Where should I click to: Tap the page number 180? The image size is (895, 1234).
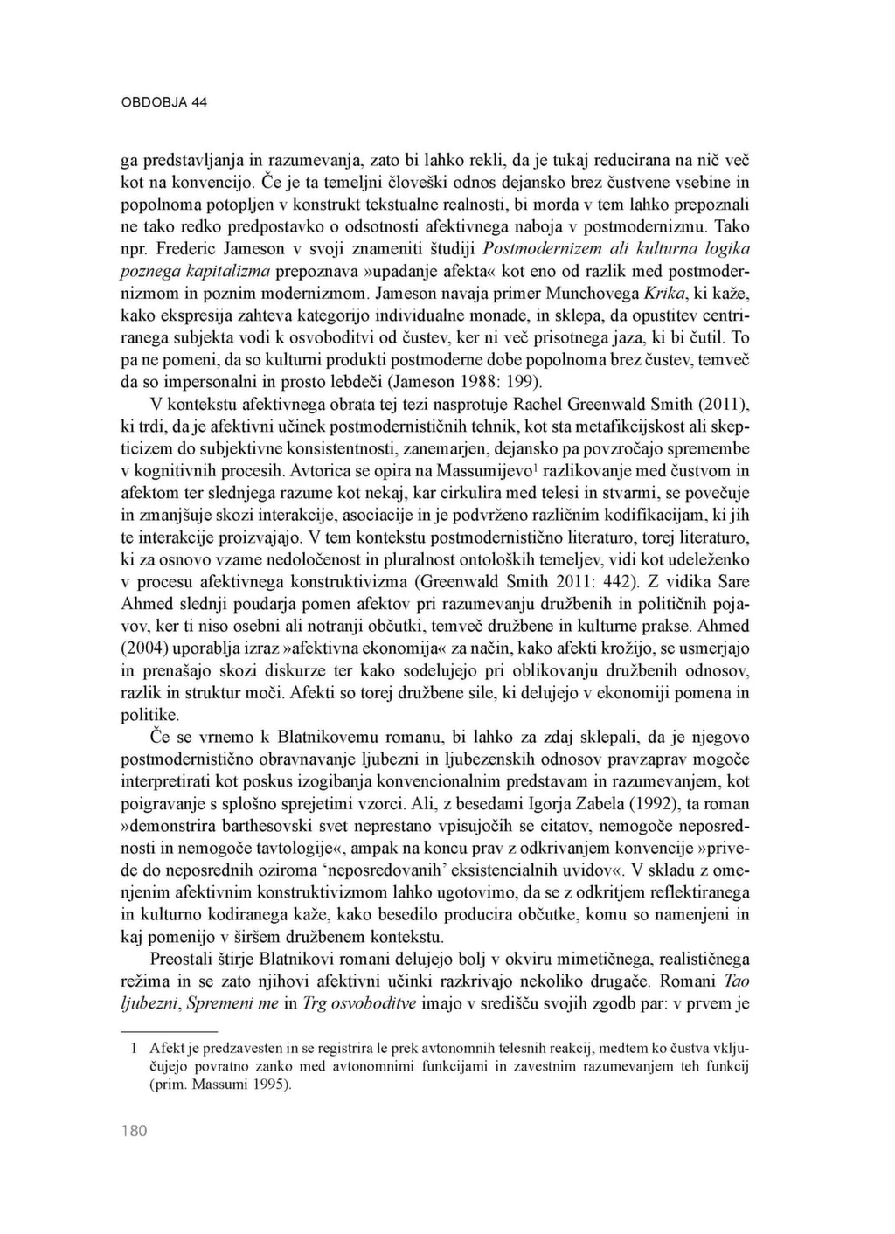[x=134, y=1131]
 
